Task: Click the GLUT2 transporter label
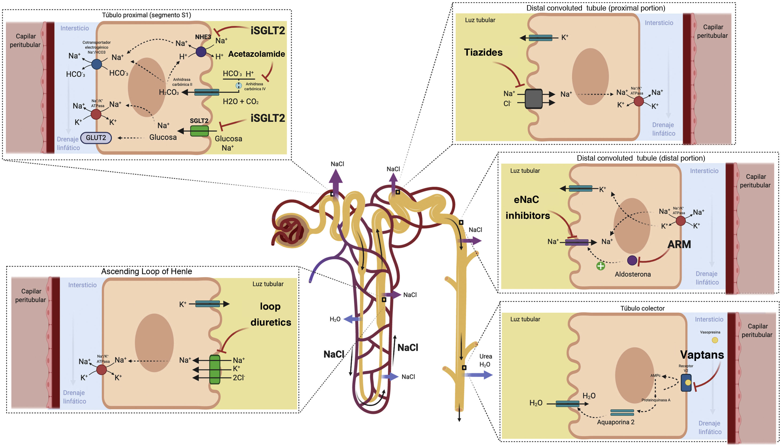[96, 138]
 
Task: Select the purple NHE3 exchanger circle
[201, 52]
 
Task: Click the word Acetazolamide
[256, 54]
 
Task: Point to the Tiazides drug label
[483, 53]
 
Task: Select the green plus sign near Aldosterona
[600, 266]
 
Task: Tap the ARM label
[679, 244]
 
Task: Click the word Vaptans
[702, 355]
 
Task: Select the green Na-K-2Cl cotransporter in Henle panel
[215, 370]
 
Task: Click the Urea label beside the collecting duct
[486, 356]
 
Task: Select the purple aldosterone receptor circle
[632, 260]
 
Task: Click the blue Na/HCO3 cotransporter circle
[97, 64]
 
